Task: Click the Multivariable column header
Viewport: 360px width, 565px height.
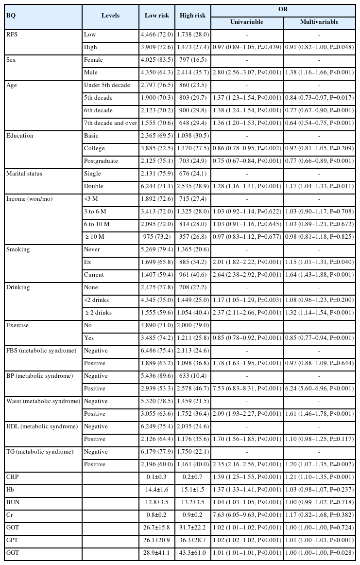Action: [320, 22]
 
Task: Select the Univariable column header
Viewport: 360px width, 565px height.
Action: [247, 22]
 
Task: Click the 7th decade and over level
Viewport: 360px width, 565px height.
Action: [110, 123]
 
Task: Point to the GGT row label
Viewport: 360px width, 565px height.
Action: [13, 553]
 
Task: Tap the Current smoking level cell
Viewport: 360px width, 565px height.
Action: [95, 275]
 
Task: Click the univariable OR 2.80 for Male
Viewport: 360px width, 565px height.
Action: [247, 72]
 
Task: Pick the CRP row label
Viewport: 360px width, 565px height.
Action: [13, 477]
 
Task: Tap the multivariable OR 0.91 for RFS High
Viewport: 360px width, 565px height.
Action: [320, 47]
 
